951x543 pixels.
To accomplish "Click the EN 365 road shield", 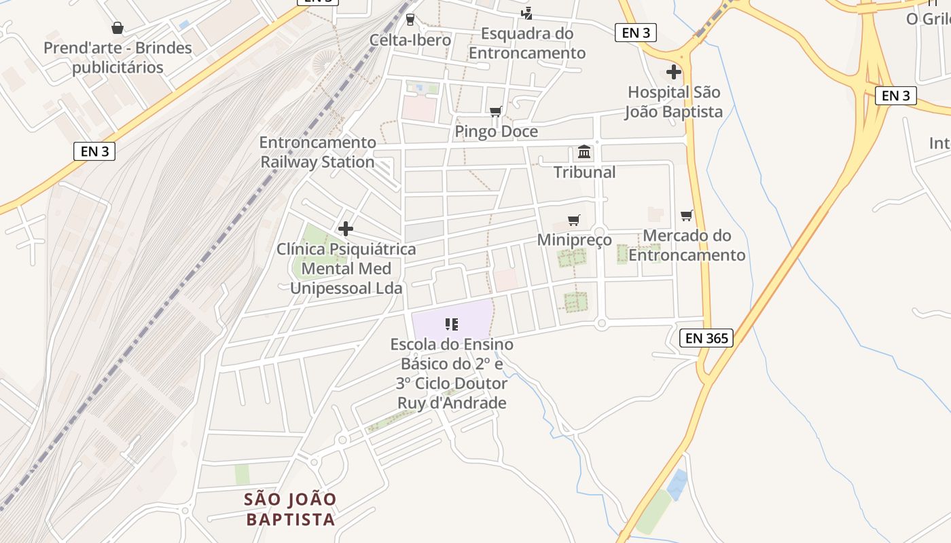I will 706,338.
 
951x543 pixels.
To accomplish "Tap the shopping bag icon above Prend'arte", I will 118,28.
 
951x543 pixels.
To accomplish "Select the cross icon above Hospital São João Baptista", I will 674,71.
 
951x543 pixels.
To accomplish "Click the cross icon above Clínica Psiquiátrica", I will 346,229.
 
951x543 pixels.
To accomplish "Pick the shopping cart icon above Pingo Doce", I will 496,111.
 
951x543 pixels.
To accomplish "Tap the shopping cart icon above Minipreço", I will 574,220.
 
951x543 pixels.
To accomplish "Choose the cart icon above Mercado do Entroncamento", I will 687,216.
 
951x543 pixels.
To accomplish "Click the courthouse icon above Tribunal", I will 584,152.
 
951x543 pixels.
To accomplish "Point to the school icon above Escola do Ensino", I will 452,324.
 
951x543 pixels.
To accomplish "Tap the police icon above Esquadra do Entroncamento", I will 526,13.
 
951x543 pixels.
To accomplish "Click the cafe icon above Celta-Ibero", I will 410,19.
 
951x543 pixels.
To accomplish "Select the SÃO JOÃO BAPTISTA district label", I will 290,510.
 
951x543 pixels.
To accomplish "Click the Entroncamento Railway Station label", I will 318,153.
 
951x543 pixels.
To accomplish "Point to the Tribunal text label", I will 584,172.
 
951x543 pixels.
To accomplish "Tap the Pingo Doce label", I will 496,132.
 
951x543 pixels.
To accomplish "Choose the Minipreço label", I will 574,240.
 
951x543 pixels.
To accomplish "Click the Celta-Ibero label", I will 410,40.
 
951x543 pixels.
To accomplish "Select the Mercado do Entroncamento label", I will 687,246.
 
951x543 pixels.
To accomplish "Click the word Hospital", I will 657,92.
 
